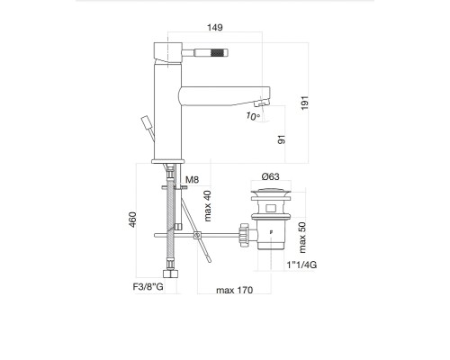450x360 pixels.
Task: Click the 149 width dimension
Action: (x=215, y=28)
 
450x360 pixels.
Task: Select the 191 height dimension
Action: (x=304, y=103)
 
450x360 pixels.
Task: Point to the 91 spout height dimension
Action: (x=282, y=139)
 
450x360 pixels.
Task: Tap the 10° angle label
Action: (x=253, y=116)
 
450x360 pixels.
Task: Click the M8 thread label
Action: (x=192, y=180)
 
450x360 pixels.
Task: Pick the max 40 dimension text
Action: (x=208, y=206)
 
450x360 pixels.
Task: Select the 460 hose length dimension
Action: (x=132, y=220)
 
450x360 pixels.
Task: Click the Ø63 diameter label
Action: (x=270, y=176)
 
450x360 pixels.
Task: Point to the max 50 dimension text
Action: (x=302, y=238)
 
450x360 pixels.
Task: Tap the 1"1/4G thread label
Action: (x=301, y=265)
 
